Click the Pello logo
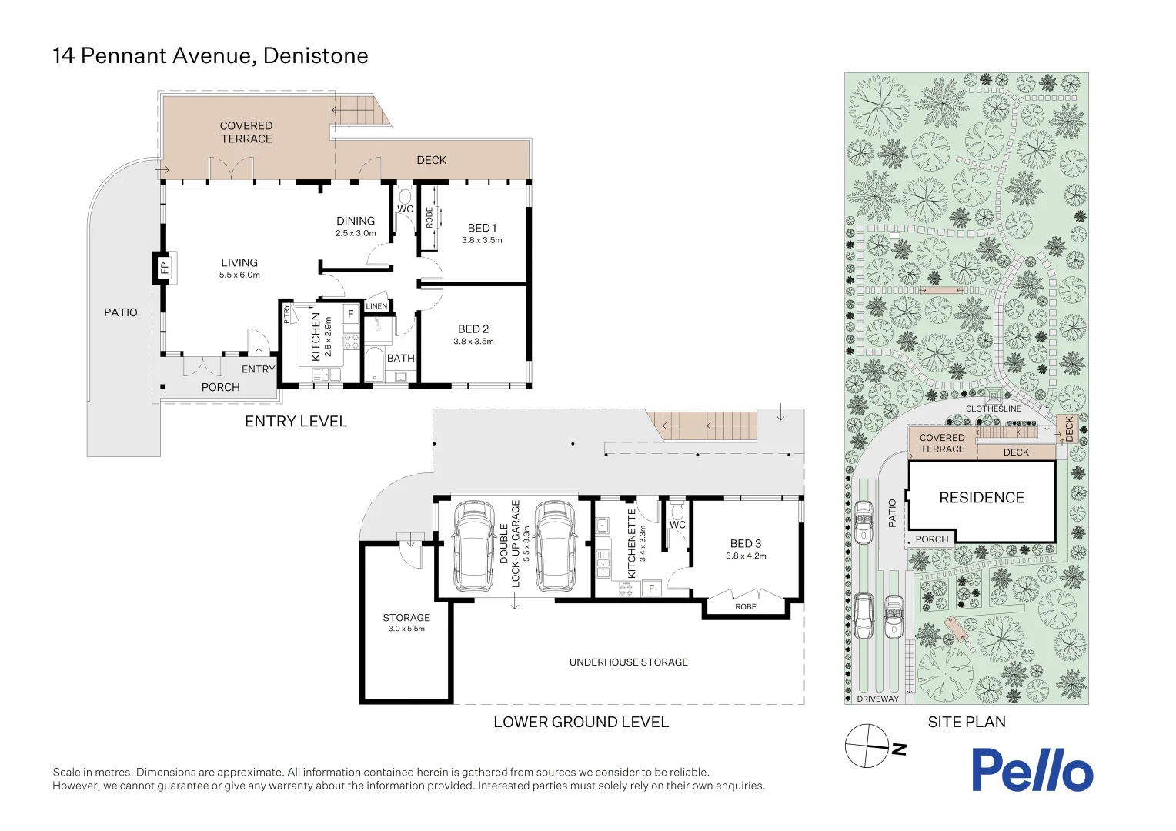point(1031,770)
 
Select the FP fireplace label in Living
point(164,268)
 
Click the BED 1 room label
point(482,228)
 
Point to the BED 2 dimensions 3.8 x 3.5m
point(473,342)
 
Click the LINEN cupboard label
point(376,306)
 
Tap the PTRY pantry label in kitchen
point(287,313)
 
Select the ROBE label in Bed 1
point(429,218)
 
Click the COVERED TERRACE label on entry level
point(246,132)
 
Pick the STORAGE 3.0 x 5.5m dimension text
point(406,629)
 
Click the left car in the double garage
point(473,547)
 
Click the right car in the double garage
point(554,547)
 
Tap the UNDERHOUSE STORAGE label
point(628,662)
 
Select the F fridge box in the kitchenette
point(651,589)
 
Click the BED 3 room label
point(745,543)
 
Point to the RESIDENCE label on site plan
point(981,498)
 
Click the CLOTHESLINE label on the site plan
point(993,409)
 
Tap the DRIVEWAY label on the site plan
point(877,699)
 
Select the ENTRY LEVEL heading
point(296,421)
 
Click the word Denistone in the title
point(316,56)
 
